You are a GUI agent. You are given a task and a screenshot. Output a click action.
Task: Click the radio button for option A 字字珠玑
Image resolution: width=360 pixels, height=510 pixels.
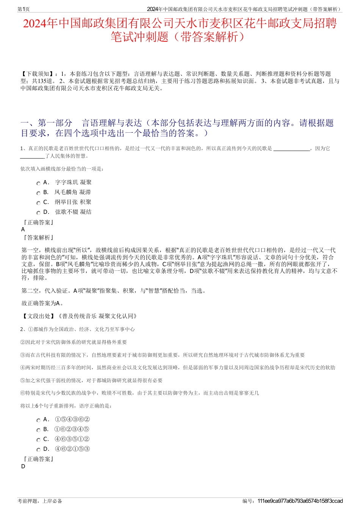point(38,183)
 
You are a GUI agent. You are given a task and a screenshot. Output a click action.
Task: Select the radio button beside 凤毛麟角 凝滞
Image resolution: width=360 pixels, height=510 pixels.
point(38,193)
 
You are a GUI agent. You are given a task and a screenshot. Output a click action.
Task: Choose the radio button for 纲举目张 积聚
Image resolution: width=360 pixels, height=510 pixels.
point(38,203)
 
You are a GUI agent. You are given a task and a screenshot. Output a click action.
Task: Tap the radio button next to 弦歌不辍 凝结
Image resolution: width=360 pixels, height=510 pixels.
point(38,213)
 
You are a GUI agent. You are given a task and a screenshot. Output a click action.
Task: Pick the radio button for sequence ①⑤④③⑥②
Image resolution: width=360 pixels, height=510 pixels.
point(38,420)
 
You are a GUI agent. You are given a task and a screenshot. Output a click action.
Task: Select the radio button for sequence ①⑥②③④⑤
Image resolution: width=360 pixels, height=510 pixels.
point(38,430)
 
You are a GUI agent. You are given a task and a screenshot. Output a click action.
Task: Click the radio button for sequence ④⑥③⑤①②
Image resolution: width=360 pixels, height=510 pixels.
point(38,440)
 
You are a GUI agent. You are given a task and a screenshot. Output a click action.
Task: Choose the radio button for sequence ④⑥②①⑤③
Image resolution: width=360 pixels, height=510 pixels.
point(38,450)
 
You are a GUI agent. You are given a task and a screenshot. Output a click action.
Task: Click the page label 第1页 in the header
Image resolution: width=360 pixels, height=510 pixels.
point(23,9)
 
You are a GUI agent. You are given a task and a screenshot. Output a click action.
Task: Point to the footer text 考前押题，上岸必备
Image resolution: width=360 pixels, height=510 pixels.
point(40,501)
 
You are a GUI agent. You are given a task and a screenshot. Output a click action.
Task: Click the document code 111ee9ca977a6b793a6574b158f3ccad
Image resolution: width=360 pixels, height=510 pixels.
point(300,501)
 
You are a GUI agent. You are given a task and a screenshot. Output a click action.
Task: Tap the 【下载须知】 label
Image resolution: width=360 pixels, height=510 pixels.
point(38,74)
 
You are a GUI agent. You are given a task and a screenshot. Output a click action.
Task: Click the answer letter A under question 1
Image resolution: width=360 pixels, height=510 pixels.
point(23,229)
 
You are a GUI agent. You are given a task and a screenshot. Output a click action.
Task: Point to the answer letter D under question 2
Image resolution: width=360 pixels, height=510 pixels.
point(23,466)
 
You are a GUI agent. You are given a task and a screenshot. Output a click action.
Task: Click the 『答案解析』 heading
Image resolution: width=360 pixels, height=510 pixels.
point(38,238)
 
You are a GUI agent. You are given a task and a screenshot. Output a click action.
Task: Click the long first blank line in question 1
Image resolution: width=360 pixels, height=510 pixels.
point(291,149)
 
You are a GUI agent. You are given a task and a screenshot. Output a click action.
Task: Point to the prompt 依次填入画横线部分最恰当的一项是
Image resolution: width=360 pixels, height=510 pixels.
point(62,169)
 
